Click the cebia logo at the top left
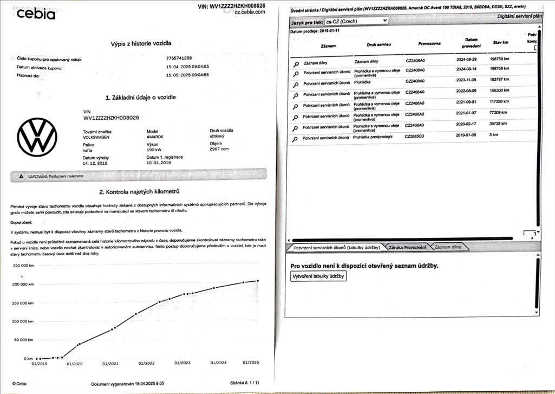tap(36, 14)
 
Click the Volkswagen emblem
tap(37, 138)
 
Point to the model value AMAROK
tap(155, 137)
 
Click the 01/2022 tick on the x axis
tap(146, 363)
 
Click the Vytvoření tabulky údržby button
tap(318, 276)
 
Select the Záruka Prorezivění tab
tap(407, 247)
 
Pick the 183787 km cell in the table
tap(499, 79)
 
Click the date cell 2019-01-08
tap(465, 135)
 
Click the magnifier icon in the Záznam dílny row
tap(296, 63)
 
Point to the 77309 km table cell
tap(498, 113)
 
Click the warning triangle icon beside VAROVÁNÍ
tap(22, 176)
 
